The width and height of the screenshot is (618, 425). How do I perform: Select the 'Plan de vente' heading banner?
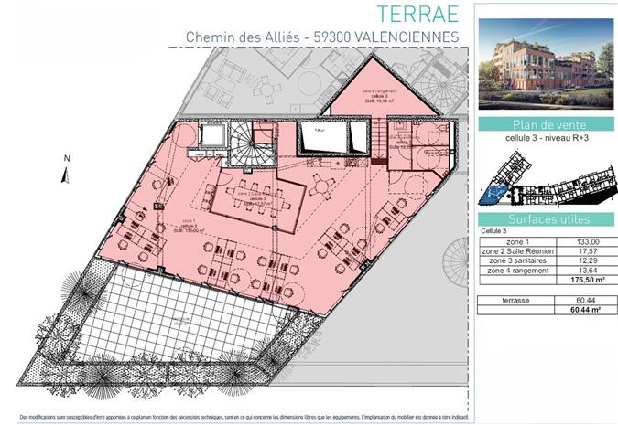pos(546,125)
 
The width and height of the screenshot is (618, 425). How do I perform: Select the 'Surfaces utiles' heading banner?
pos(546,219)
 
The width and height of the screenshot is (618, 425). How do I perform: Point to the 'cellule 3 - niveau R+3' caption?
pos(546,140)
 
